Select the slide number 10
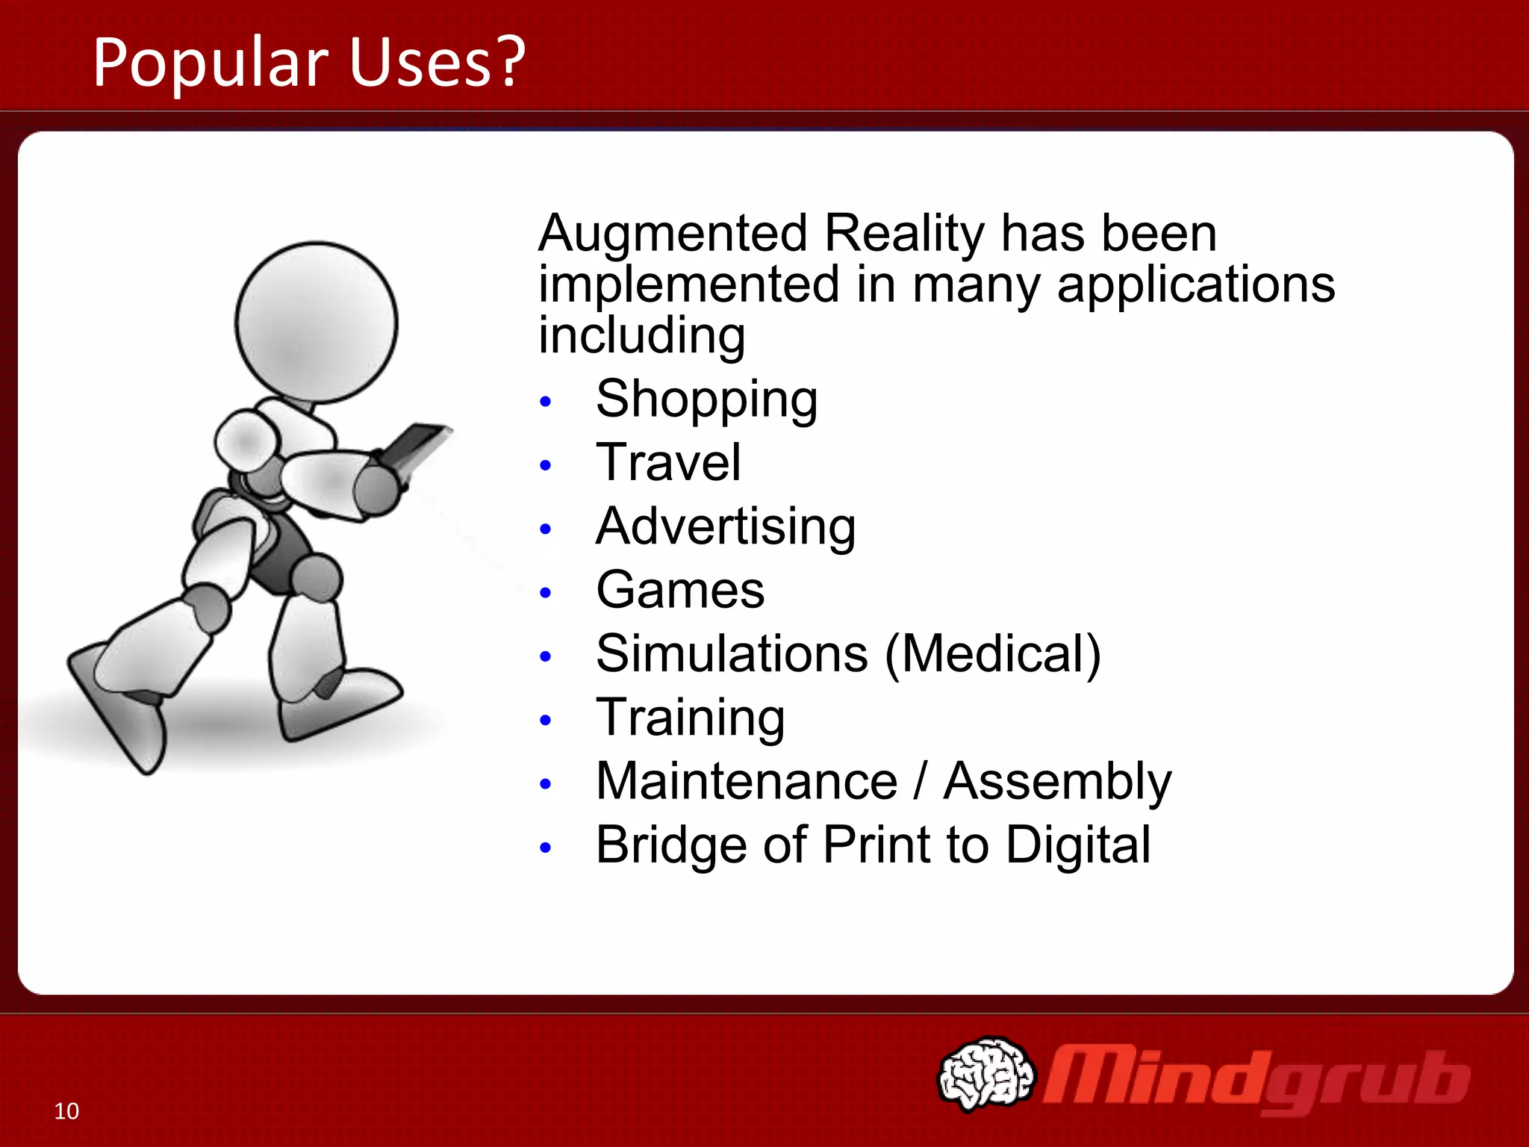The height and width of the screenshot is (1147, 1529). coord(66,1111)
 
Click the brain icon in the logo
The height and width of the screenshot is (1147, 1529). coord(986,1074)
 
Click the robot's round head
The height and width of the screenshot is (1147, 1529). coord(317,323)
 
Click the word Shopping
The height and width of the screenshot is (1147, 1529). coord(706,400)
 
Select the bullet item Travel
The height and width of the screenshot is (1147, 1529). coord(668,463)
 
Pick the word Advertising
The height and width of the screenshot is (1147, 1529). coord(726,527)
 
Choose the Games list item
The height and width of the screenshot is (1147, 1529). coord(680,591)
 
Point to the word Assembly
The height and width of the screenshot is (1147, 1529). coord(1057,783)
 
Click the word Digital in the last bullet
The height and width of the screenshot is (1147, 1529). coord(1078,845)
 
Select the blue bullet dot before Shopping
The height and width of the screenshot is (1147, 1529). coord(546,402)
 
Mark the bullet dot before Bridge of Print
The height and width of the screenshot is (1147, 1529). coord(546,848)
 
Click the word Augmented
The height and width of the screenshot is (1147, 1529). coord(673,234)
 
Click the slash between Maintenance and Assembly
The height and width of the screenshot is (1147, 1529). coord(921,781)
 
